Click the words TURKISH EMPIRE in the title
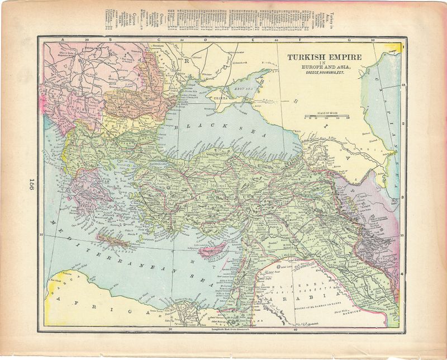click(324, 57)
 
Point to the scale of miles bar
click(326, 117)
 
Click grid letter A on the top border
click(63, 40)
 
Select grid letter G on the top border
click(349, 40)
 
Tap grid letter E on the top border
click(254, 40)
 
